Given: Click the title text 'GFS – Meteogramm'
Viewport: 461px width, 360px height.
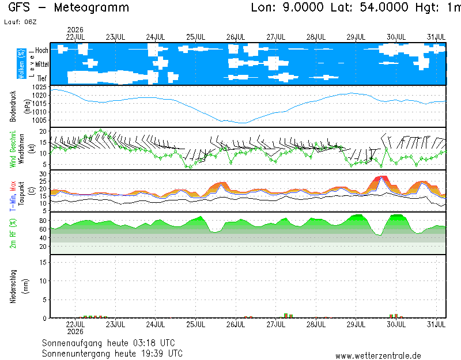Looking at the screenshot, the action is pyautogui.click(x=69, y=7).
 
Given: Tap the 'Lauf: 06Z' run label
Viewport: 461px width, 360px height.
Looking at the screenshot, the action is pyautogui.click(x=20, y=22).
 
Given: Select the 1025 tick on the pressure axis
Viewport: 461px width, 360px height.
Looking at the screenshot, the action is pyautogui.click(x=39, y=87).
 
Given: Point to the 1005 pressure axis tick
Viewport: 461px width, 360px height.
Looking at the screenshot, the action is pyautogui.click(x=39, y=120).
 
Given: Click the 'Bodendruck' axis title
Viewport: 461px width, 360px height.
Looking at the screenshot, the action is pyautogui.click(x=13, y=107).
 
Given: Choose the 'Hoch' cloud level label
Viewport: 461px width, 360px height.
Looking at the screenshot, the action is pyautogui.click(x=41, y=50).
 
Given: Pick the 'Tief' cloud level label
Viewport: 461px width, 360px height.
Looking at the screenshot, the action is pyautogui.click(x=42, y=78).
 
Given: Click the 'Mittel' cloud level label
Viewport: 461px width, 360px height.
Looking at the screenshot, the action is pyautogui.click(x=41, y=64).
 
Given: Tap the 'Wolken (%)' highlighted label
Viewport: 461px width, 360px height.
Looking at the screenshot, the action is pyautogui.click(x=21, y=64).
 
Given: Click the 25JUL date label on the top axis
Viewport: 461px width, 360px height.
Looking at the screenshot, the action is pyautogui.click(x=195, y=37).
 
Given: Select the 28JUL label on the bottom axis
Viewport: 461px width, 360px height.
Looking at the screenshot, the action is pyautogui.click(x=316, y=324).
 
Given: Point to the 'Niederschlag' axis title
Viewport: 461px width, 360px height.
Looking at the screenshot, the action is pyautogui.click(x=13, y=286).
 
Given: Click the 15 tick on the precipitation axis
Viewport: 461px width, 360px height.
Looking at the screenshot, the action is pyautogui.click(x=43, y=262).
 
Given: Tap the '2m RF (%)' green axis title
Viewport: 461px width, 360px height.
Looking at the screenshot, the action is pyautogui.click(x=13, y=233).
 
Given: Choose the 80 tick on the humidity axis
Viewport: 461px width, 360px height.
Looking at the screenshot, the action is pyautogui.click(x=43, y=221).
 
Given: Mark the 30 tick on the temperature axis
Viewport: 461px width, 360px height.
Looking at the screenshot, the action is pyautogui.click(x=43, y=174).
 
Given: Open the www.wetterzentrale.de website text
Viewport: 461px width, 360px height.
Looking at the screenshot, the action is pyautogui.click(x=378, y=356).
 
